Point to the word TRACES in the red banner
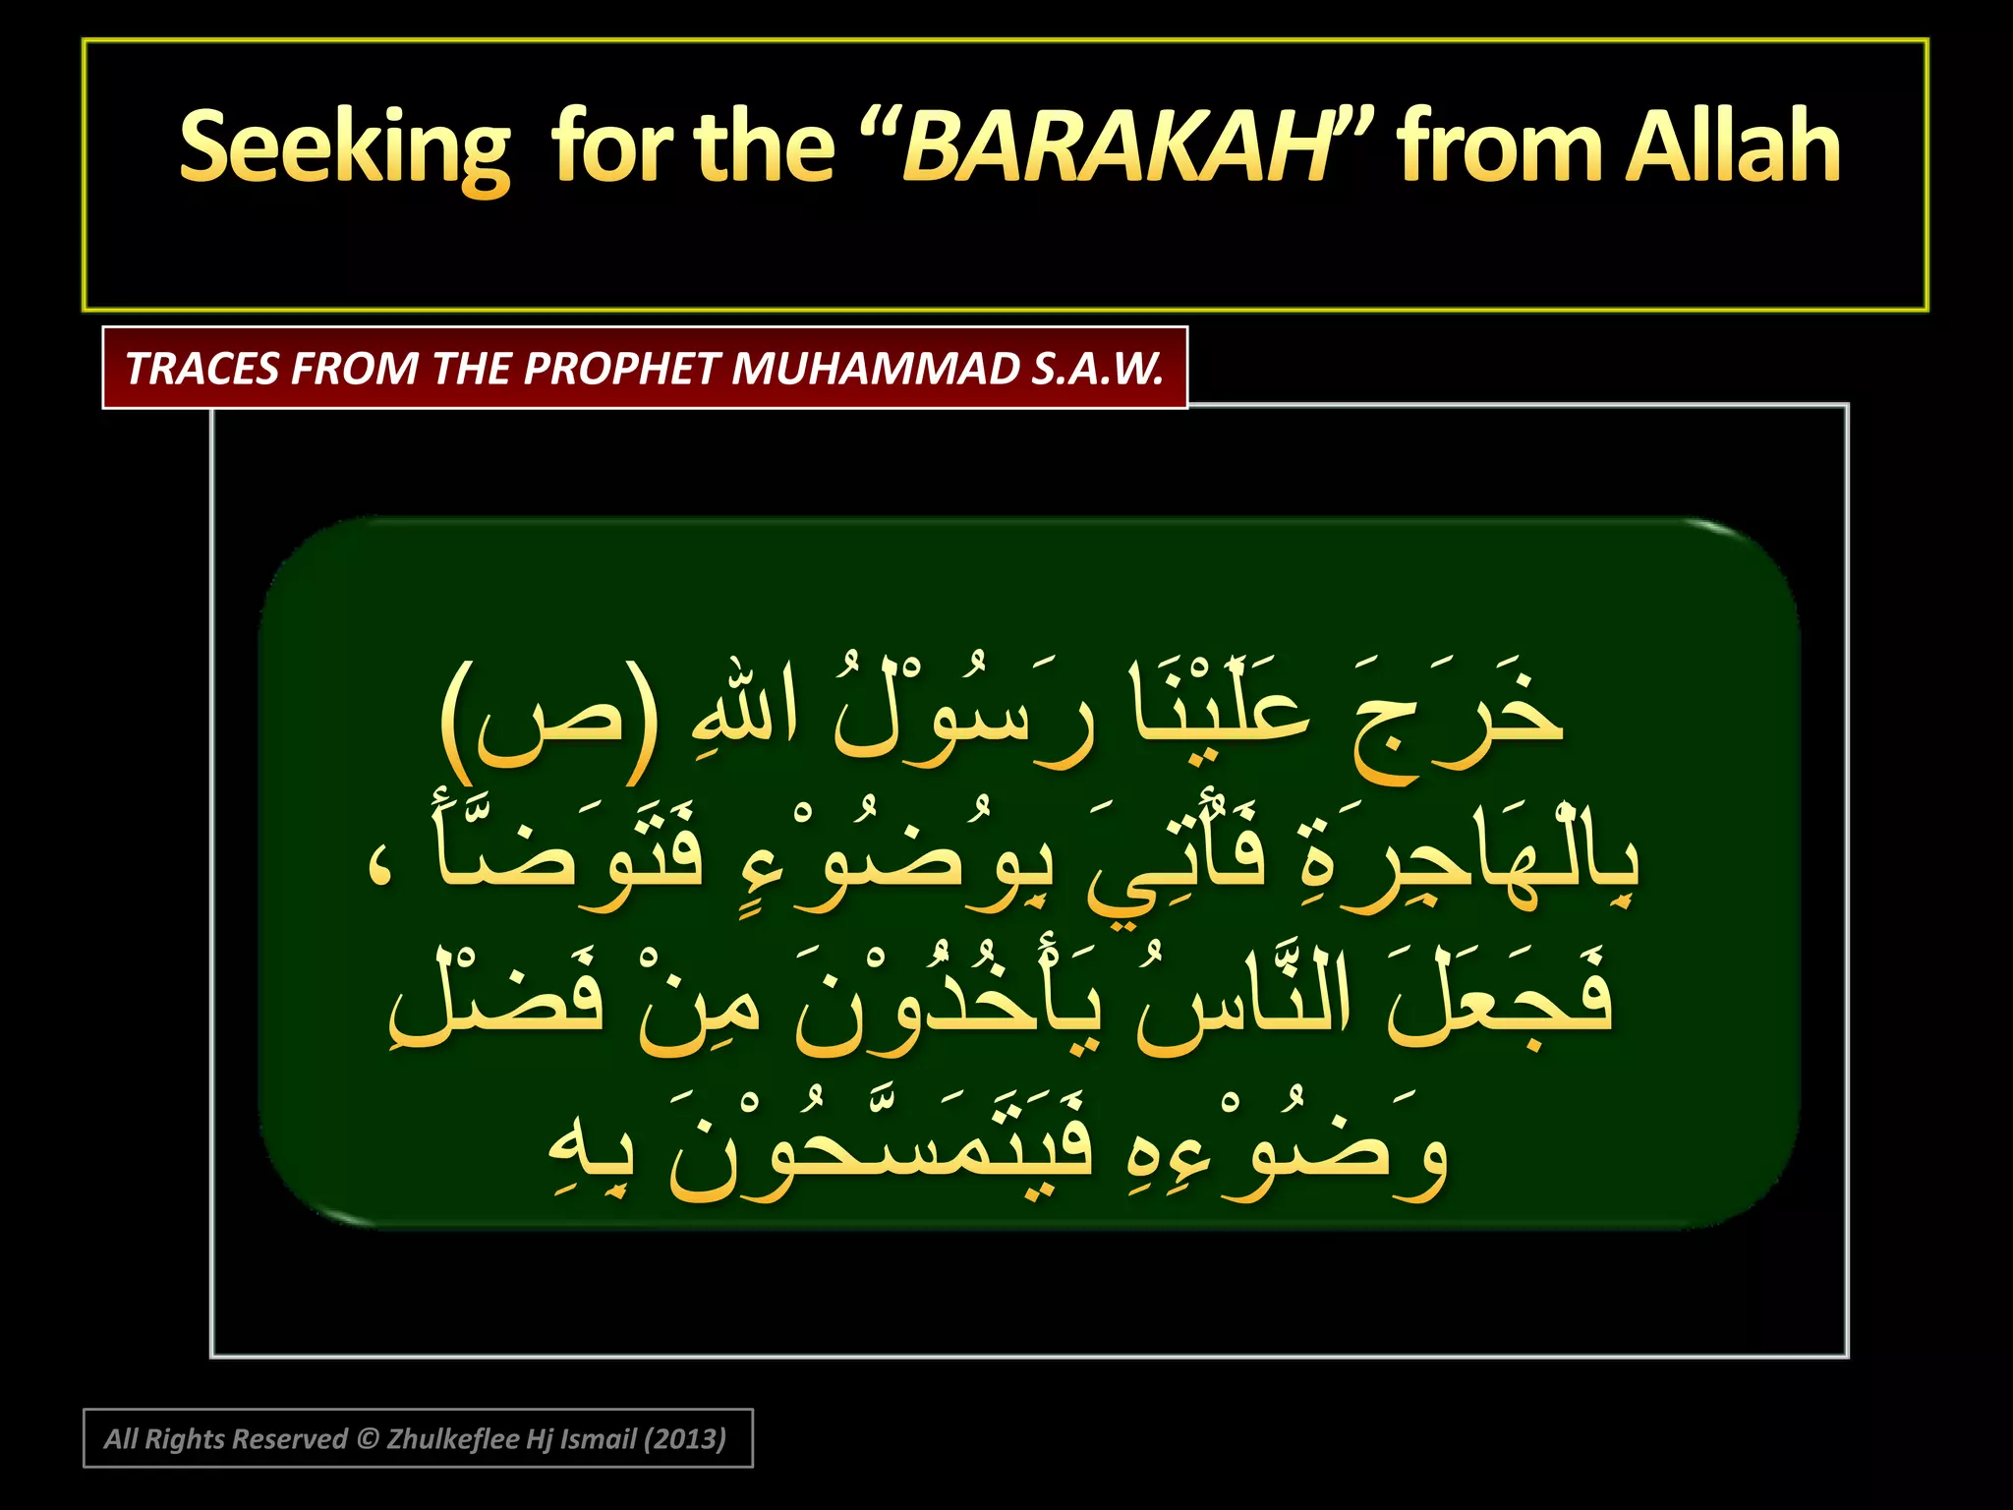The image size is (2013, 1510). (202, 369)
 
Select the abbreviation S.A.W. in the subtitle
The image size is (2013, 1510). (1098, 369)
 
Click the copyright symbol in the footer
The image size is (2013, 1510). (368, 1439)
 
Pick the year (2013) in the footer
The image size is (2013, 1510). (684, 1439)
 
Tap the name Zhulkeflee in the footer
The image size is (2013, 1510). (452, 1439)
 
